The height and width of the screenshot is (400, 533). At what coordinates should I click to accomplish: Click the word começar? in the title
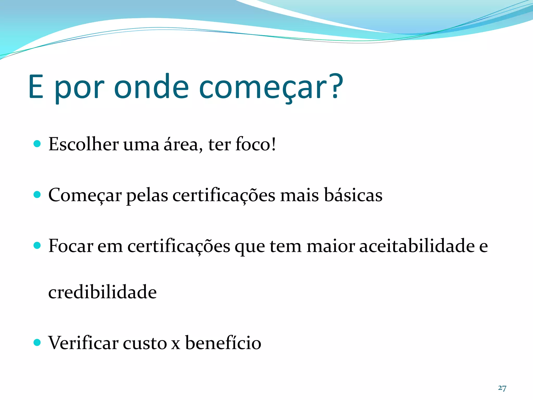(x=271, y=87)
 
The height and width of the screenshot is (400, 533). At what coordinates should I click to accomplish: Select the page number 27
(x=502, y=388)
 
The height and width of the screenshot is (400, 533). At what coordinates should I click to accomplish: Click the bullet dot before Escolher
(x=37, y=144)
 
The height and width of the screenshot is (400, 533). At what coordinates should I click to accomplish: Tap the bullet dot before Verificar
(x=37, y=342)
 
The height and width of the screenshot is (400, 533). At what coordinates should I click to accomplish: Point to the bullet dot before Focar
(x=37, y=245)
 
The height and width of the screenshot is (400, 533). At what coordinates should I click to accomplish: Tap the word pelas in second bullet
(x=147, y=195)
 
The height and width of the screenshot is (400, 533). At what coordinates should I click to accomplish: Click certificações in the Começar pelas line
(x=224, y=195)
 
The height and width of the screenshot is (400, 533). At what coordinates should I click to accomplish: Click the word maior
(x=331, y=246)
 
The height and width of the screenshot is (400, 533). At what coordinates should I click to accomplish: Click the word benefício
(x=223, y=343)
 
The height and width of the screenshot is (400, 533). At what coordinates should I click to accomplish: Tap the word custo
(x=145, y=343)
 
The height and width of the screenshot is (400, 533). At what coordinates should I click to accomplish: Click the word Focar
(x=71, y=246)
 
